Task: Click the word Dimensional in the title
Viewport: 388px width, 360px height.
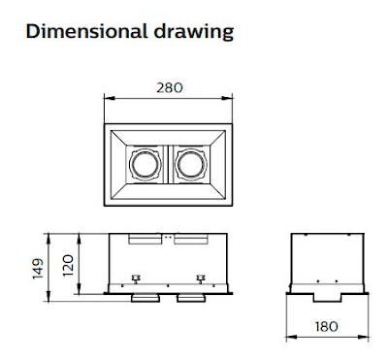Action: [x=85, y=32]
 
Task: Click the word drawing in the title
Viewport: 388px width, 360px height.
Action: [x=193, y=33]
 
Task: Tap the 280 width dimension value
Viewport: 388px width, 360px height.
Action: [x=170, y=87]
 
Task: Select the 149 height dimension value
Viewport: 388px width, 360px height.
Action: [x=38, y=269]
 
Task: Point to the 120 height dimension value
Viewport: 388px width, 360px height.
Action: [x=68, y=266]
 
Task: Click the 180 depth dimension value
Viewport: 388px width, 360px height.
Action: [x=327, y=326]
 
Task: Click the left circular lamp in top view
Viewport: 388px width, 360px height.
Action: [x=145, y=164]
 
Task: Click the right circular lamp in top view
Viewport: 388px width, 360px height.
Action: [x=191, y=164]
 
